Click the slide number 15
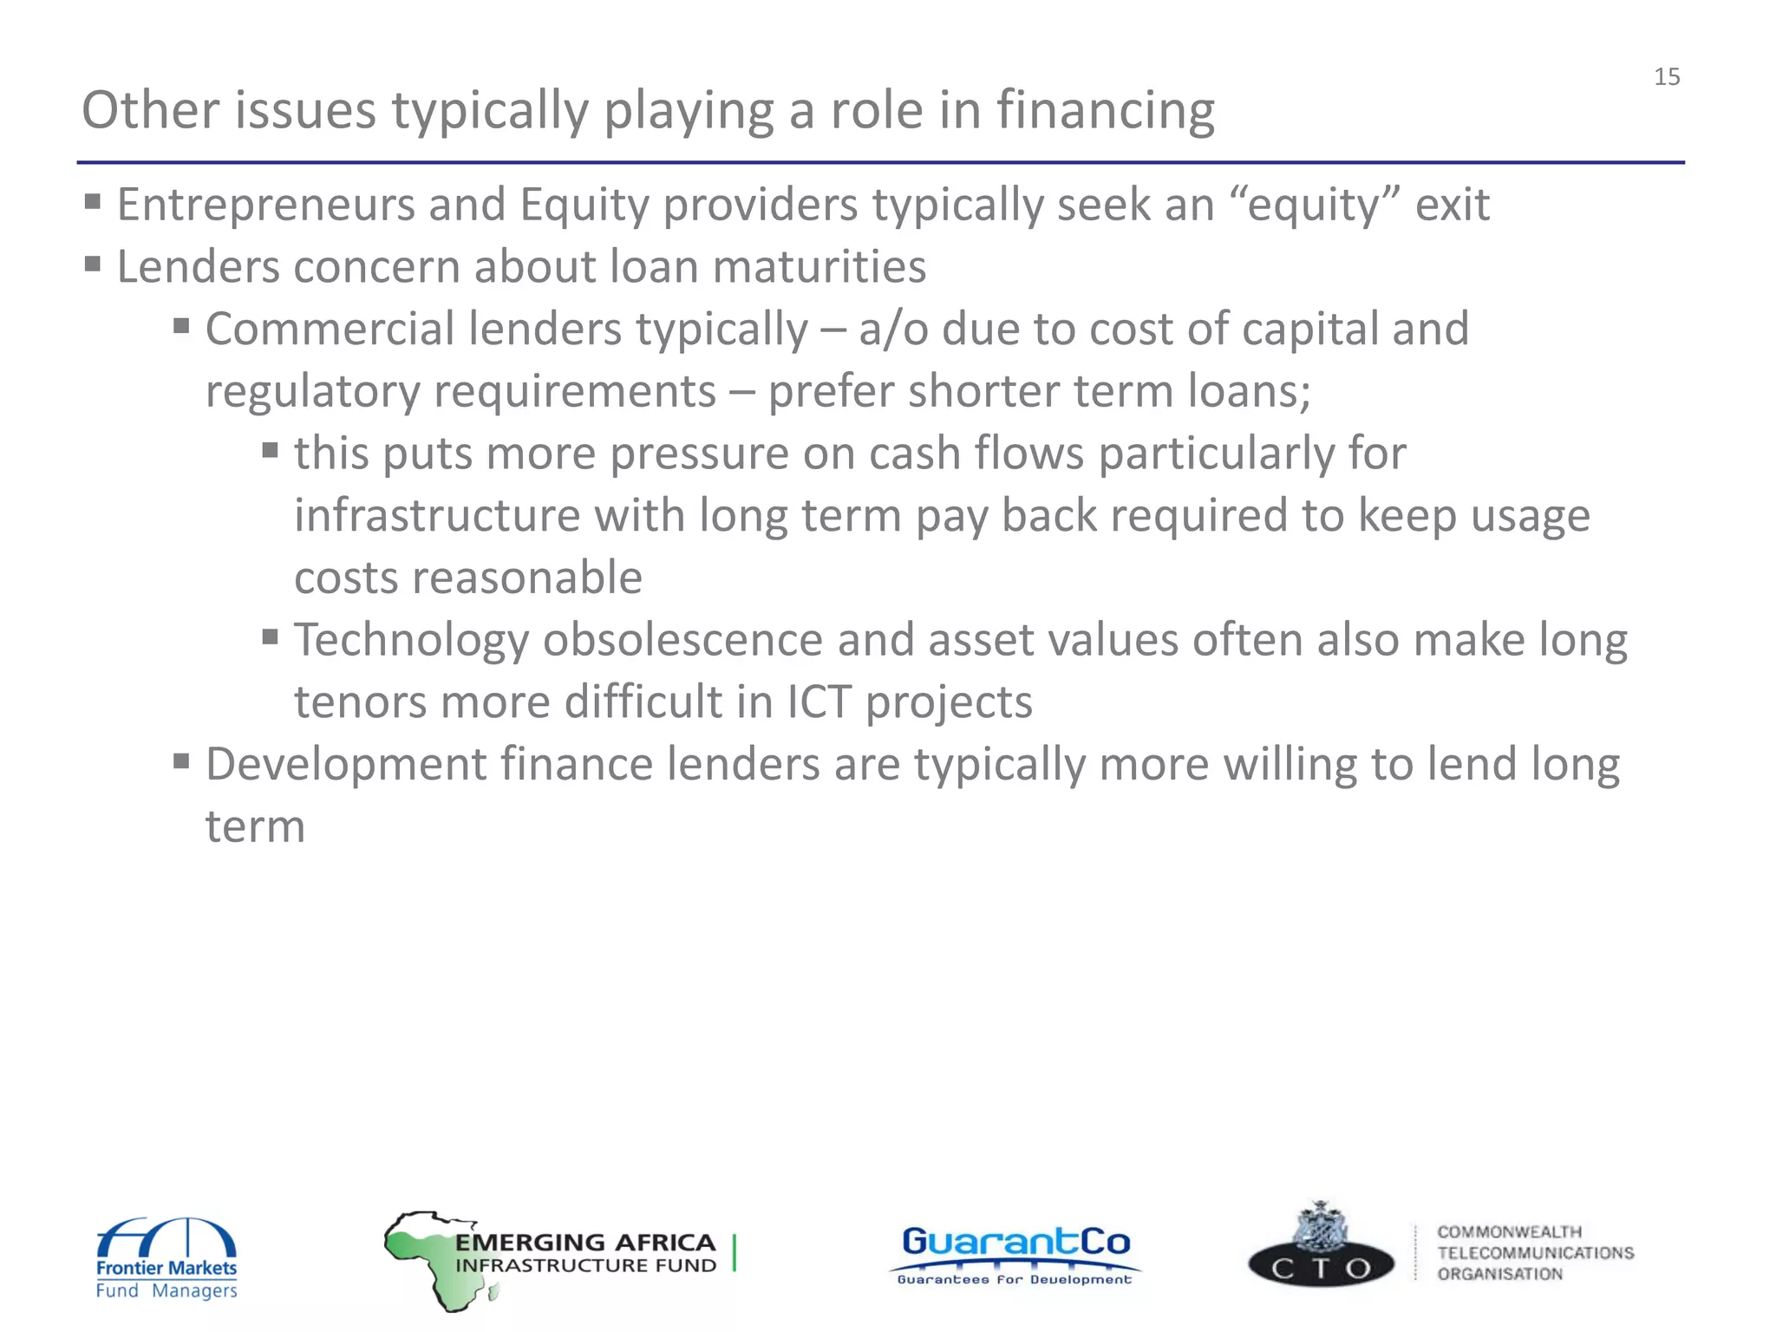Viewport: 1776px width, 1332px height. point(1666,77)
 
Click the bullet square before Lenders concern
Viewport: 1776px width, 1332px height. point(93,263)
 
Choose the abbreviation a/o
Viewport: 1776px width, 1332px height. point(893,330)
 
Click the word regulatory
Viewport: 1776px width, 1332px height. point(311,392)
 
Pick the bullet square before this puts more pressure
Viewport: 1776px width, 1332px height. point(270,449)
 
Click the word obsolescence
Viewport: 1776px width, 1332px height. point(682,641)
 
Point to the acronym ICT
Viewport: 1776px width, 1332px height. point(818,702)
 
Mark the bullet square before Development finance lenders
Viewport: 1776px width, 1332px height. point(181,761)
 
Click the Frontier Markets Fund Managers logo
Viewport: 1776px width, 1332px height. point(166,1257)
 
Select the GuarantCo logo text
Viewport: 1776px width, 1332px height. point(1015,1243)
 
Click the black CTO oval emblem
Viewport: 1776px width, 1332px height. point(1320,1268)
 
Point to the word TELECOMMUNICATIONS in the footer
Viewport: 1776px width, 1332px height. point(1535,1253)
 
